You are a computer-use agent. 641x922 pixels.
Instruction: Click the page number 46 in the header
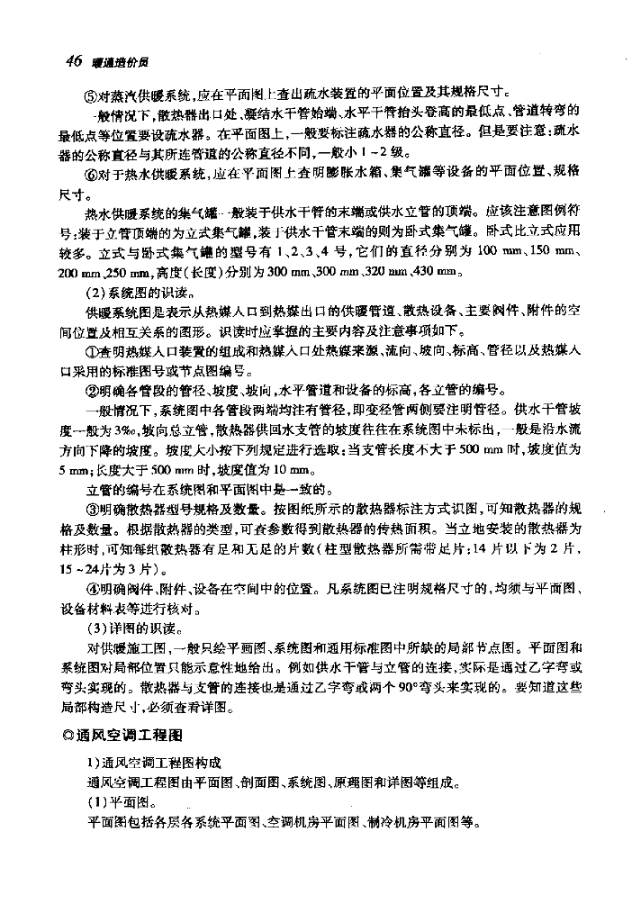pos(74,60)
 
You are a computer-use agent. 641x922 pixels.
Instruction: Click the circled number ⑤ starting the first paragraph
pos(92,93)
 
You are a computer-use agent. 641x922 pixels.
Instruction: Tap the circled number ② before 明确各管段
pos(92,391)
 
